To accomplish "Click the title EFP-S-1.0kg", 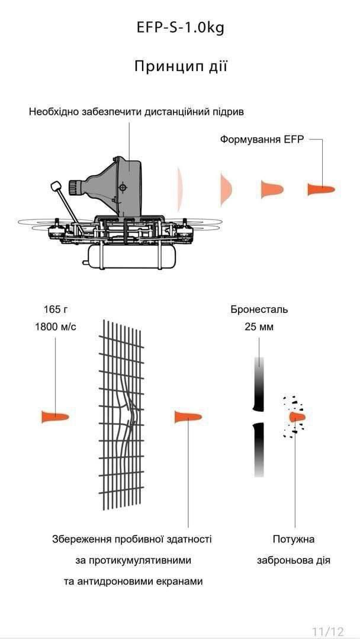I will tap(180, 28).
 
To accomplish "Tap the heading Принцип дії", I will tap(180, 66).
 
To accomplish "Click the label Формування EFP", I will tap(261, 140).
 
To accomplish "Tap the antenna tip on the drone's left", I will tap(56, 186).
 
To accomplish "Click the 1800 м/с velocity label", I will tap(55, 327).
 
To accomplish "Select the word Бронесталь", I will tap(259, 309).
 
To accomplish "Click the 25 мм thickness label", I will tap(259, 327).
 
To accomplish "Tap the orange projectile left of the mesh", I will tap(54, 417).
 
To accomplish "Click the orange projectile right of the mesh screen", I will tap(188, 417).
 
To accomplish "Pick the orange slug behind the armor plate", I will tap(297, 417).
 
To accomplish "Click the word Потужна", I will tap(294, 539).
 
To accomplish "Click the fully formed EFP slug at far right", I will tap(321, 189).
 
